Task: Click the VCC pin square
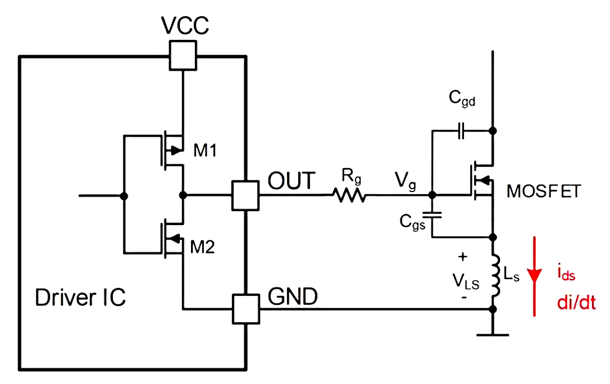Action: coord(183,56)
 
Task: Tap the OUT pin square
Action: coord(245,196)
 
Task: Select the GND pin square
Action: coord(245,309)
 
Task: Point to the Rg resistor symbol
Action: coord(349,196)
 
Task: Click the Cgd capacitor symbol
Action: coord(461,131)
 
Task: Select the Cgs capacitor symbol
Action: coord(432,215)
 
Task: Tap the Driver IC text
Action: coord(80,298)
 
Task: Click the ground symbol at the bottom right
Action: coord(493,334)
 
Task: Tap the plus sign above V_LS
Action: coord(463,257)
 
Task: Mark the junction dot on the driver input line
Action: coord(124,196)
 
